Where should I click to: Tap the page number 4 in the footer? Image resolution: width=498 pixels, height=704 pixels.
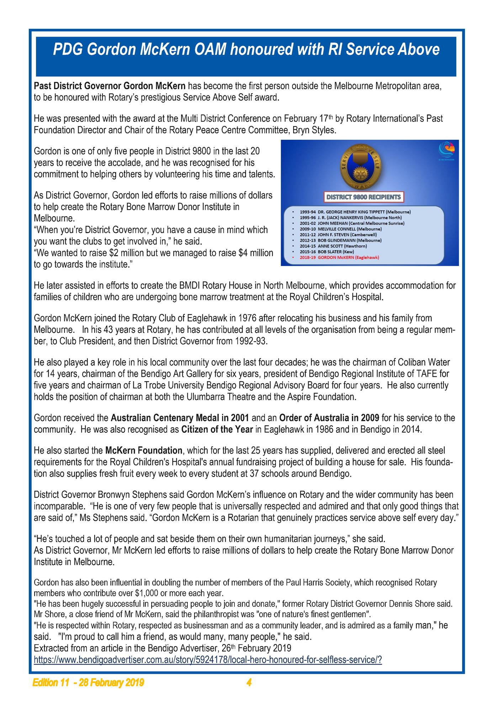tap(249, 683)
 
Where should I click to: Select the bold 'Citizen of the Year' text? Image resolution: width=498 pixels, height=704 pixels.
tap(217, 429)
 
